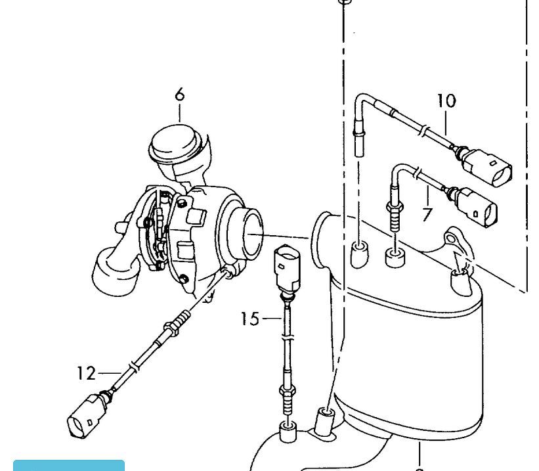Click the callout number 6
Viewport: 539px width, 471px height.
click(x=180, y=95)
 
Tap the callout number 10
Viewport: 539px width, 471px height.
click(x=446, y=101)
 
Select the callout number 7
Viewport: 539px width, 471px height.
click(x=427, y=214)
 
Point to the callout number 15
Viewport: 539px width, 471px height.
click(x=249, y=319)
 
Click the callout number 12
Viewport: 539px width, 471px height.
click(x=86, y=373)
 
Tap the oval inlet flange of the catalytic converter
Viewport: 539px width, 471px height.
click(x=321, y=240)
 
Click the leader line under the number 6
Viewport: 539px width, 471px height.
click(x=180, y=113)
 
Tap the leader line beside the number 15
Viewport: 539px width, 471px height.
click(x=271, y=319)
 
